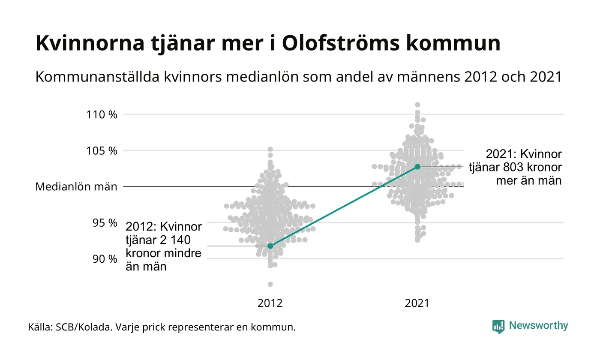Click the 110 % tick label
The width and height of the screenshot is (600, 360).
pos(102,114)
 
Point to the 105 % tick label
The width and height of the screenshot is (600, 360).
pos(102,150)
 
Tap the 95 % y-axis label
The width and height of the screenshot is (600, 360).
pos(105,223)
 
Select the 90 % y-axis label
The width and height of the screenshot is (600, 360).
pos(105,259)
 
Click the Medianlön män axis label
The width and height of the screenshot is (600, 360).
pos(76,187)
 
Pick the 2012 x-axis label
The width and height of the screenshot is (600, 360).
pos(270,303)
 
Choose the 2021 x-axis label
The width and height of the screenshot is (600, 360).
pos(417,303)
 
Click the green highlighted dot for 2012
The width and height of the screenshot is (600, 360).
pos(270,246)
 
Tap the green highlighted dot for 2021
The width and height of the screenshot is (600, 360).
pos(417,166)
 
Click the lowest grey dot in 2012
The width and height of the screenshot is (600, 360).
pos(270,284)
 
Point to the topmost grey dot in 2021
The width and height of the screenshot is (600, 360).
pos(417,105)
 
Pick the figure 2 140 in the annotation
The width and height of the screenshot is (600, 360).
pos(175,240)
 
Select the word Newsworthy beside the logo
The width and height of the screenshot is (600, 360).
pos(539,326)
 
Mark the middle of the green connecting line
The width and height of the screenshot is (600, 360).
pos(344,206)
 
